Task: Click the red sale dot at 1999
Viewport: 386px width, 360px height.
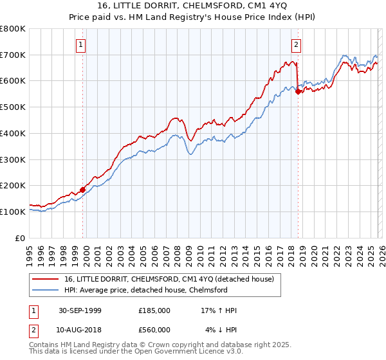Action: tap(83, 190)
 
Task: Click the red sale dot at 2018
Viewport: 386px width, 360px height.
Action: tap(298, 92)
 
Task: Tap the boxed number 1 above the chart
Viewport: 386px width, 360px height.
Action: tap(80, 44)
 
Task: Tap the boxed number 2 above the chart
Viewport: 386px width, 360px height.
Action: tap(296, 44)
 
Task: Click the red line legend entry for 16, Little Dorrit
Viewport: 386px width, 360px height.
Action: tap(169, 279)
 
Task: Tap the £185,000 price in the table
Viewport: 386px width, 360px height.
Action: tap(154, 310)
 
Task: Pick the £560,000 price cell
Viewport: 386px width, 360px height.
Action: tap(154, 330)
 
